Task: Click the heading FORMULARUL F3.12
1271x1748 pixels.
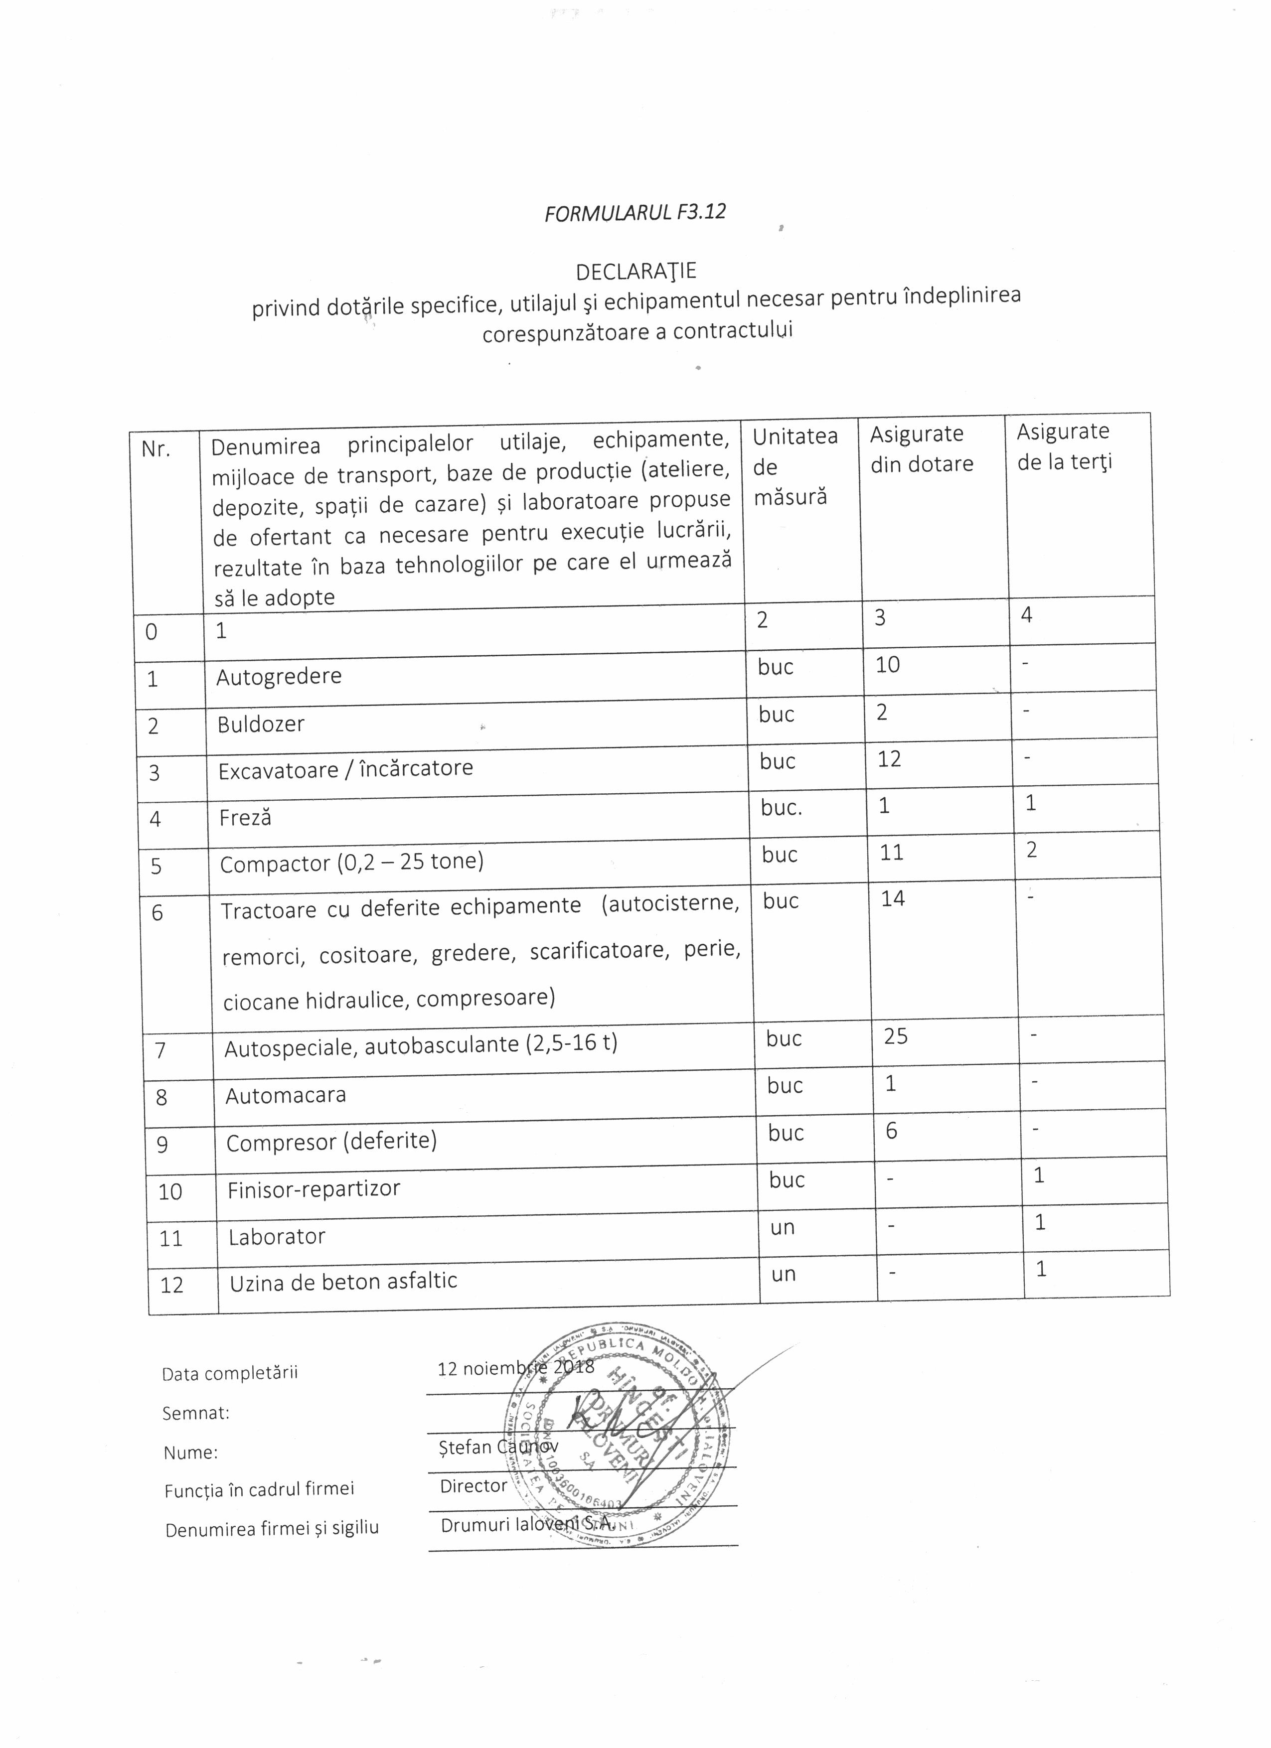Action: click(635, 212)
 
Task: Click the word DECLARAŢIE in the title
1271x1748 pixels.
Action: click(636, 271)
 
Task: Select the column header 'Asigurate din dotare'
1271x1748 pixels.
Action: click(921, 448)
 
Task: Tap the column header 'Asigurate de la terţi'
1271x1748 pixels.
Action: click(1064, 446)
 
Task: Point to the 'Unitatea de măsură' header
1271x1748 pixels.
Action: click(794, 466)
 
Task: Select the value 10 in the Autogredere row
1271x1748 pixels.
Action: click(887, 664)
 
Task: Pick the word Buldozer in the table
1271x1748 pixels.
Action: click(261, 725)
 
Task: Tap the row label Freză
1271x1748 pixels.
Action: click(245, 818)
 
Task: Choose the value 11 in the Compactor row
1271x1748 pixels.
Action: click(891, 853)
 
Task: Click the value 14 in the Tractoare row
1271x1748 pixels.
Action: click(893, 898)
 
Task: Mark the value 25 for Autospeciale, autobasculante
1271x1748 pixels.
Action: click(896, 1036)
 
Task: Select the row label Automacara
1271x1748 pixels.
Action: click(285, 1095)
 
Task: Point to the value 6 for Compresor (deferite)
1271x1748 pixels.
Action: click(892, 1131)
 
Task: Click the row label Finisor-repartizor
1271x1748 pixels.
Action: click(314, 1188)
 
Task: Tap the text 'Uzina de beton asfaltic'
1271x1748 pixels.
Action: click(343, 1282)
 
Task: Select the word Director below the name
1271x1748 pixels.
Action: click(473, 1485)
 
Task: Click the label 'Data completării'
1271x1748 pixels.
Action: click(230, 1373)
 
